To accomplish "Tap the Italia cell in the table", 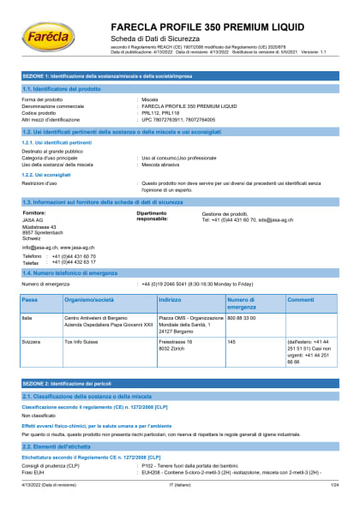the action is pyautogui.click(x=27, y=317).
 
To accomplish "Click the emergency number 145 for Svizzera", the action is pyautogui.click(x=231, y=341).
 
